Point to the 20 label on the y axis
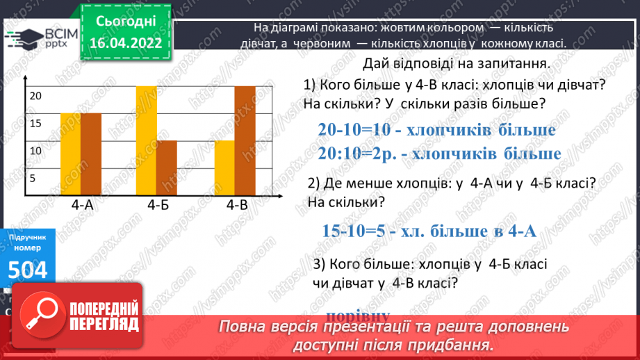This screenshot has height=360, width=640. pyautogui.click(x=35, y=96)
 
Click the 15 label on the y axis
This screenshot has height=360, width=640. pyautogui.click(x=35, y=123)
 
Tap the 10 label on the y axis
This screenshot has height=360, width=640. pyautogui.click(x=35, y=150)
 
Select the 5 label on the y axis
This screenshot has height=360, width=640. pyautogui.click(x=33, y=178)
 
